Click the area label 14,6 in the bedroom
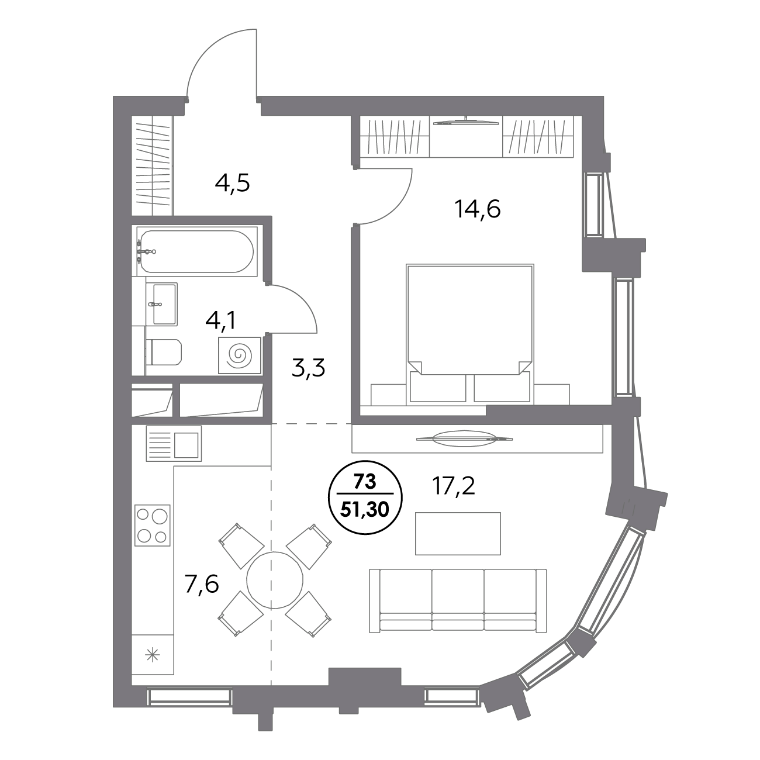coord(478,209)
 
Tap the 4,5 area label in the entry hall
coord(232,184)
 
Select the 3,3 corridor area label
coord(309,368)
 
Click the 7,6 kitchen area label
coord(202,584)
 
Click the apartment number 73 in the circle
coord(365,482)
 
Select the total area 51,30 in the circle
coord(365,510)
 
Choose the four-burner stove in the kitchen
coord(152,526)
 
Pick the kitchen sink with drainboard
coord(174,443)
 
